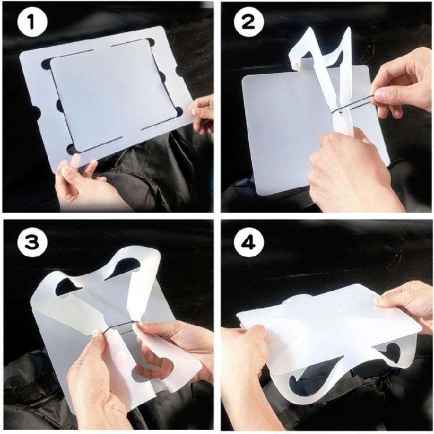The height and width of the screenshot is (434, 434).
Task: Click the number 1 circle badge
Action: (32, 23)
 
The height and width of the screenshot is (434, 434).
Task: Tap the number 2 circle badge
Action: (249, 23)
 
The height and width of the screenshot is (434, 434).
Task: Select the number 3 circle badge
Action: (32, 242)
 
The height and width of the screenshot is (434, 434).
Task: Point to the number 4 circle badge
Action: (249, 242)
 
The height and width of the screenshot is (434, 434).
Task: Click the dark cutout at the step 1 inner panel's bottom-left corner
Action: (72, 149)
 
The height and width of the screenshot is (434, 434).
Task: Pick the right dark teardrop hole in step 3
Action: (124, 266)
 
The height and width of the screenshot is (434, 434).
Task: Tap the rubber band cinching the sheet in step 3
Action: (120, 326)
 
